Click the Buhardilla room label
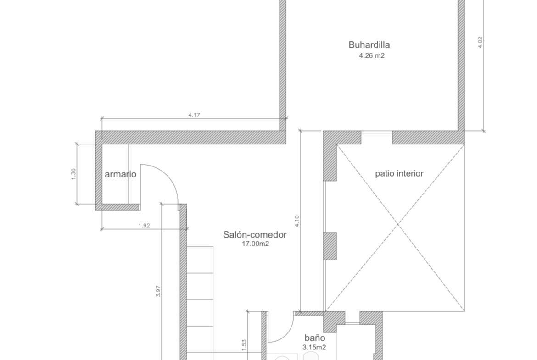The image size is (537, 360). (x=369, y=45)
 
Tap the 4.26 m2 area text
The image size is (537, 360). (x=372, y=56)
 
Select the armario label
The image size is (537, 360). (x=121, y=174)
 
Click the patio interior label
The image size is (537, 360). (x=399, y=173)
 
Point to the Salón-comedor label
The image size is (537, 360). (x=255, y=235)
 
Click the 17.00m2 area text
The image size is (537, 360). (x=256, y=244)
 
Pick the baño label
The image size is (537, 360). (x=315, y=338)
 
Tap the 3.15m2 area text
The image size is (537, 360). (x=314, y=347)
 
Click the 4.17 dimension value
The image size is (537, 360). (x=194, y=115)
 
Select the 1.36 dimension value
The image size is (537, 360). (x=73, y=174)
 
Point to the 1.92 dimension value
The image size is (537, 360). (x=144, y=226)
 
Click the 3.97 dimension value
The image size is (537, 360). (x=158, y=291)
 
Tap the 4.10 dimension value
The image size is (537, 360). (x=296, y=221)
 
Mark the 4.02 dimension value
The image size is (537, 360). (x=480, y=42)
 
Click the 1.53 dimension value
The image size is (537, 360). (x=244, y=345)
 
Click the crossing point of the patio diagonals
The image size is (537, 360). (x=398, y=225)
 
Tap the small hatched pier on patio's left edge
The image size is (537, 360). (x=330, y=246)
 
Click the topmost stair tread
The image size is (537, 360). (x=200, y=260)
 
